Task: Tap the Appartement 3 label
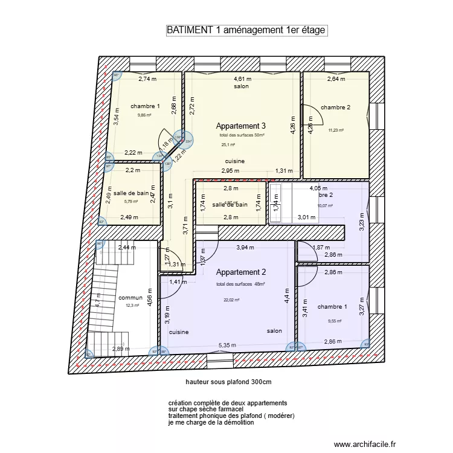coord(241,126)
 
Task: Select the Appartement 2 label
coord(241,272)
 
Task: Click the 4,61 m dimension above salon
coord(243,79)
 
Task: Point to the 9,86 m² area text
coord(146,115)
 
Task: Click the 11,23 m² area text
coord(336,130)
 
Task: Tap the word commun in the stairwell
coord(130,298)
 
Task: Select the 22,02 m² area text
coord(232,300)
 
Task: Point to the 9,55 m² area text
coord(334,321)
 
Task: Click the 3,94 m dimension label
coord(246,248)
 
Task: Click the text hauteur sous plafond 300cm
coord(229,382)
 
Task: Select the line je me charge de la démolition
coord(211,423)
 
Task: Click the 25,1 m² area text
coord(228,145)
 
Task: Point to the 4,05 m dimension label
coord(318,188)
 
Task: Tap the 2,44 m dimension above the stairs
coord(127,248)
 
